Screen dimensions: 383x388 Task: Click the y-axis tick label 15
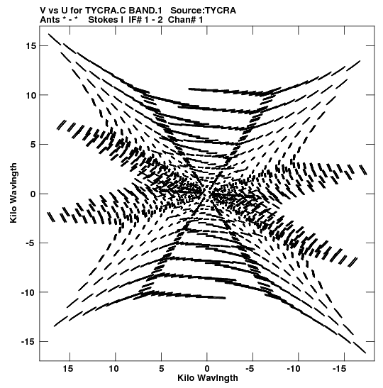coord(31,46)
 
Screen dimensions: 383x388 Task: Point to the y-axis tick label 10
coord(31,95)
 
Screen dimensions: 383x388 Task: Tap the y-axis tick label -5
coord(30,243)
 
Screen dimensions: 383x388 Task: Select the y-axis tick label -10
coord(28,292)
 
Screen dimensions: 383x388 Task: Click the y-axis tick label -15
coord(28,341)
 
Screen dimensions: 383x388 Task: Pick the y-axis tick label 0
coord(33,194)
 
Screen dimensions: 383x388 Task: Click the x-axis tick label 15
coord(68,369)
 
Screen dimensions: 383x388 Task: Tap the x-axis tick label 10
coord(113,369)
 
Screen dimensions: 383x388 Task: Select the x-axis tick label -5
coord(250,369)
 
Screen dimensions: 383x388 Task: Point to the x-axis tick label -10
coord(294,369)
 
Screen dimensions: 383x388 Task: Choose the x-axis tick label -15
coord(340,369)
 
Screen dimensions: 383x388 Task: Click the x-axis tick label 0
coord(207,369)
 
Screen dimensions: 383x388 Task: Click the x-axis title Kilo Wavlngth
coord(208,378)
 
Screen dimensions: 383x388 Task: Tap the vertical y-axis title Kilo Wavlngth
coord(13,193)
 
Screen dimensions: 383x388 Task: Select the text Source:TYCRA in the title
coord(203,11)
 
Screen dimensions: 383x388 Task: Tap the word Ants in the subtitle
coord(50,20)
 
